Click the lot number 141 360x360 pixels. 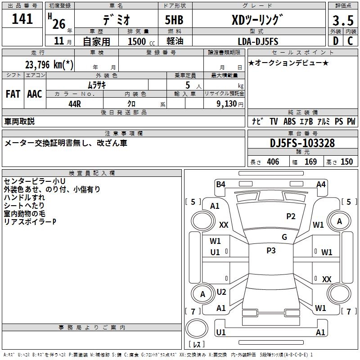(x=22, y=19)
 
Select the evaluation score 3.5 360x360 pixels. (x=343, y=21)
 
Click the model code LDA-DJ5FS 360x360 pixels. (x=258, y=41)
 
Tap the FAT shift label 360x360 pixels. (x=13, y=94)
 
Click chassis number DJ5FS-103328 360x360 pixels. (x=302, y=143)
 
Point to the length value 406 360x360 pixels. (x=273, y=162)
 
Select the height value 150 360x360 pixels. (x=346, y=162)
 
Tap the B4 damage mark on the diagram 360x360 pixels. (x=220, y=184)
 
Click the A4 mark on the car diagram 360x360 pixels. (x=321, y=184)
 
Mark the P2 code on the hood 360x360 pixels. (x=291, y=216)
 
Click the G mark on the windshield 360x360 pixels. (x=284, y=237)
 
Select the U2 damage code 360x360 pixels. (x=221, y=292)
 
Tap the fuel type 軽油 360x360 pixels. (x=174, y=41)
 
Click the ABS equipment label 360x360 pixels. (x=289, y=121)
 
